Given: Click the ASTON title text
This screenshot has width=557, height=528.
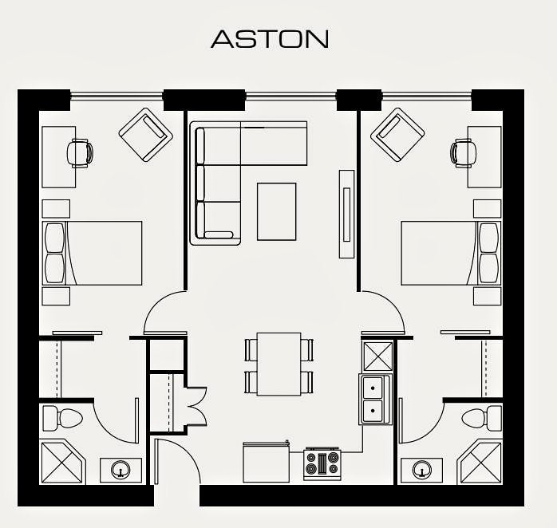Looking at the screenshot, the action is coord(270,39).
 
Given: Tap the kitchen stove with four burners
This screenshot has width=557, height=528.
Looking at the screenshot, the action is coord(322,464).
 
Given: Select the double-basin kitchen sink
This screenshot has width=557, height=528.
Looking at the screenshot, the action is coord(375,399).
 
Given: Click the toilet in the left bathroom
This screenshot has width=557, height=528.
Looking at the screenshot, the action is coord(62,418).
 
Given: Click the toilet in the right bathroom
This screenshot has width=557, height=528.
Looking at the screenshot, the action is coord(482,418).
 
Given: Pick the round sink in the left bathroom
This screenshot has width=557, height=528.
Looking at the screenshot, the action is coord(120,470).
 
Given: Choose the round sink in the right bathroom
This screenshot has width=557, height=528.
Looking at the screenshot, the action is coord(422,470).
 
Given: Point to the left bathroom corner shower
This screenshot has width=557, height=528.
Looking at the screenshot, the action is coord(64,462).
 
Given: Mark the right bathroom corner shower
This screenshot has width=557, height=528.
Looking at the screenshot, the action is coord(480,462).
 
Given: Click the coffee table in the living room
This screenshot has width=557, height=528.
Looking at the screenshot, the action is coord(277,211).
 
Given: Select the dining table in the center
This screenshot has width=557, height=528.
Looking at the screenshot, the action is coord(278,364).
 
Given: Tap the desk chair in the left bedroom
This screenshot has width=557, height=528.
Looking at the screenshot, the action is coord(81,153).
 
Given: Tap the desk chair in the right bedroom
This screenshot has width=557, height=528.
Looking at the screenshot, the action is coord(464,153).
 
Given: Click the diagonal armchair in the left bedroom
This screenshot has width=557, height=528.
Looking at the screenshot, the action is coord(146,135).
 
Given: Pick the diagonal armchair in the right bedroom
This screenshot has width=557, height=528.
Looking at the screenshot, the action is coord(397,135).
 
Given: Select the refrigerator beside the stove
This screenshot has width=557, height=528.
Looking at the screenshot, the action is coord(266,462).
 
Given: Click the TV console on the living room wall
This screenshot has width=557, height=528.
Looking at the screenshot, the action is coord(346,214).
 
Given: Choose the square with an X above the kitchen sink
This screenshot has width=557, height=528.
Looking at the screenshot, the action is coord(377,356).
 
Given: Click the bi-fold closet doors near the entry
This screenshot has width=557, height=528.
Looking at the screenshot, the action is coord(196,406).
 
